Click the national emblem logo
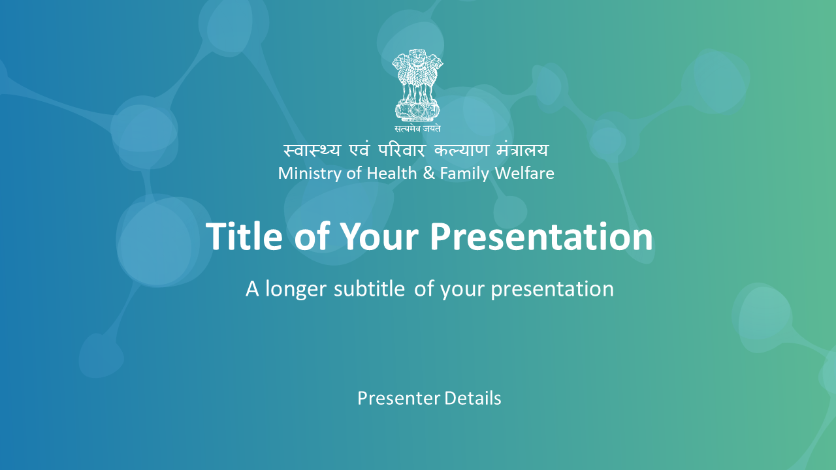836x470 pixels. [x=417, y=91]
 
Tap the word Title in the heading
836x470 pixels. [x=244, y=236]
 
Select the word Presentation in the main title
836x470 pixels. [x=541, y=236]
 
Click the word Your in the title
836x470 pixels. [x=380, y=236]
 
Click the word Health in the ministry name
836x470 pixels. [x=392, y=173]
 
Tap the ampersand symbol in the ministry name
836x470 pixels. [x=429, y=173]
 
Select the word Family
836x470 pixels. [x=464, y=174]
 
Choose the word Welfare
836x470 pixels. [x=524, y=173]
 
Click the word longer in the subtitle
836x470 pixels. [x=296, y=289]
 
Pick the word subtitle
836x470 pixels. [x=369, y=289]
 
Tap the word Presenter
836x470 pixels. [x=398, y=398]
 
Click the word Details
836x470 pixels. [x=473, y=398]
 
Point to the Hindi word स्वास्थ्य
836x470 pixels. [x=312, y=150]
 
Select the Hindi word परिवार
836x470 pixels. [x=402, y=150]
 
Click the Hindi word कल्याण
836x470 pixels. [x=462, y=150]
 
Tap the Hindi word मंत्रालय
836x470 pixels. [x=522, y=150]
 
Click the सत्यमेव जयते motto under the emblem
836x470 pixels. [x=417, y=129]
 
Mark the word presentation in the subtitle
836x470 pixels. [x=553, y=289]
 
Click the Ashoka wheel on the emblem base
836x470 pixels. [x=417, y=111]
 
